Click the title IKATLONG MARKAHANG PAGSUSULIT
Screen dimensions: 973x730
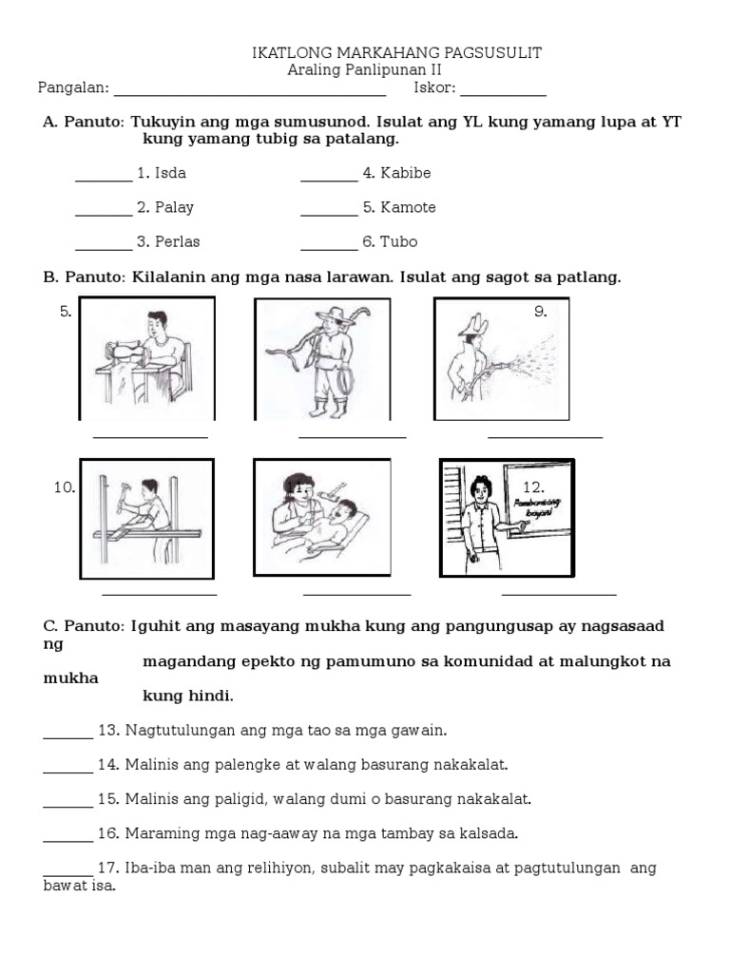pos(396,53)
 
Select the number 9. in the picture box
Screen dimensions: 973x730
pos(540,311)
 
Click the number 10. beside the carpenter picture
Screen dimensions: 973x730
pos(64,487)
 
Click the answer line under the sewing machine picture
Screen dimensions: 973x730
pos(150,436)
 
